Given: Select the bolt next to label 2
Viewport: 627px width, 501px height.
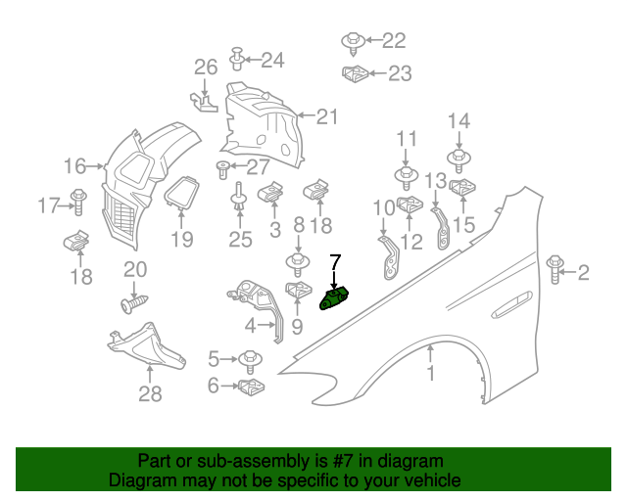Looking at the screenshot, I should pyautogui.click(x=555, y=270).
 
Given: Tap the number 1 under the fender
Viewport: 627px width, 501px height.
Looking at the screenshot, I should pyautogui.click(x=429, y=374).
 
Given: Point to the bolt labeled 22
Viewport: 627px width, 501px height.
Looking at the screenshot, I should pyautogui.click(x=353, y=41).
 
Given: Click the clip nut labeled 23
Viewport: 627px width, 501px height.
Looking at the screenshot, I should pyautogui.click(x=355, y=72).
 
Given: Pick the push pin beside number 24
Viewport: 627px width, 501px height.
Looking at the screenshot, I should pyautogui.click(x=237, y=59).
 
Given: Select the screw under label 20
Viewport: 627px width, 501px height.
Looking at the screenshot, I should pyautogui.click(x=133, y=303).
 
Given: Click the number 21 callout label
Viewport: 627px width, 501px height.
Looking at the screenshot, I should pyautogui.click(x=326, y=116).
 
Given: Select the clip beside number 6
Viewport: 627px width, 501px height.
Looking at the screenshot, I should pyautogui.click(x=253, y=387).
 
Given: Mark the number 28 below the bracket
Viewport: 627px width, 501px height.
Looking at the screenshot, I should pyautogui.click(x=150, y=394).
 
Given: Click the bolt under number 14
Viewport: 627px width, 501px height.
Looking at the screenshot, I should pyautogui.click(x=458, y=156).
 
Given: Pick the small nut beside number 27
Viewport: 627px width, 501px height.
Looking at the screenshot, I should pyautogui.click(x=223, y=166).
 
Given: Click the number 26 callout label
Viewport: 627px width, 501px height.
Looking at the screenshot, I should pyautogui.click(x=205, y=68).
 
